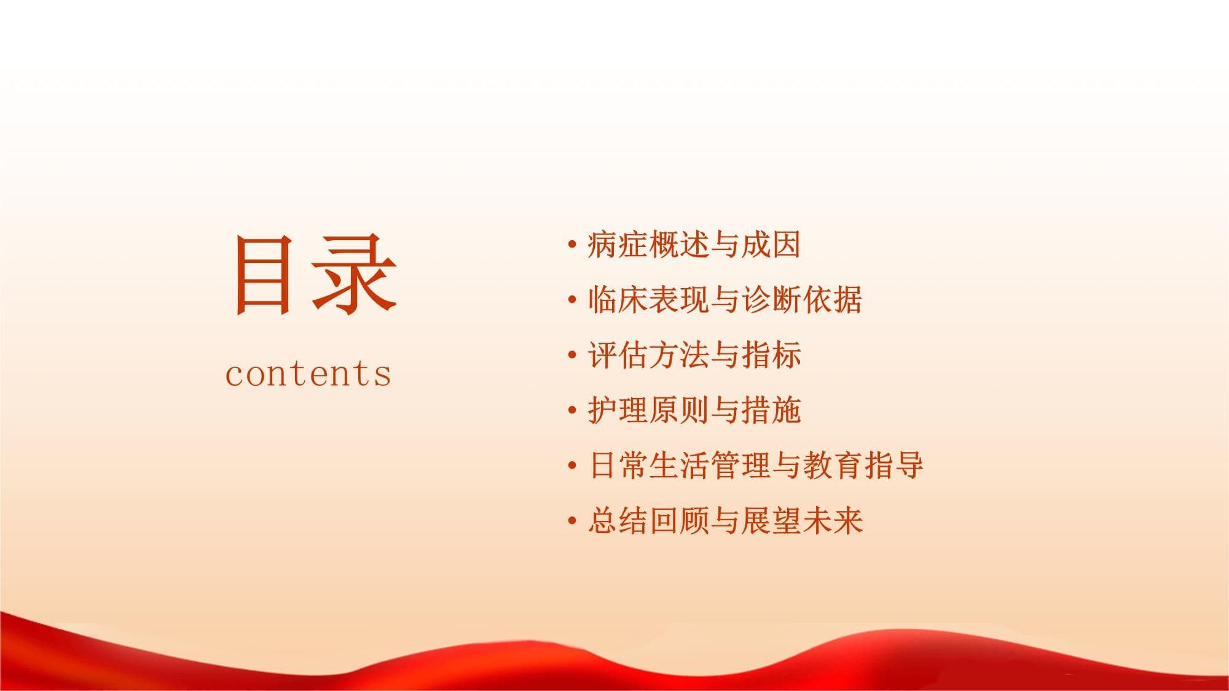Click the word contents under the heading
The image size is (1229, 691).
308,373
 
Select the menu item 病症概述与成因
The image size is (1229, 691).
694,245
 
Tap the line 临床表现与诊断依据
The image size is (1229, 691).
725,300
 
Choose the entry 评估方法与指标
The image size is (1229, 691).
694,356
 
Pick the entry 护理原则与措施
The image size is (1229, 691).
694,410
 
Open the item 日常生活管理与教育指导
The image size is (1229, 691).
756,466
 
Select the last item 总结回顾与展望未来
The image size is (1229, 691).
725,521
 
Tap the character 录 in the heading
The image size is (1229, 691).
355,275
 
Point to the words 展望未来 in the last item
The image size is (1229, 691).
802,521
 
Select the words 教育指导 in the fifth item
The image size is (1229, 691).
863,466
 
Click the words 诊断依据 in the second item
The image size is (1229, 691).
802,300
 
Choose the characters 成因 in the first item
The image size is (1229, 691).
771,245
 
